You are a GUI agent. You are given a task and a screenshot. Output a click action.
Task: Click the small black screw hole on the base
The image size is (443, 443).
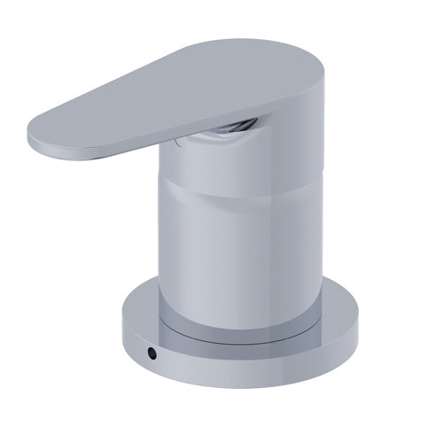tap(152, 352)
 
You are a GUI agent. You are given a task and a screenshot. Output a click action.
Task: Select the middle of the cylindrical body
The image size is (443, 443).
tap(239, 239)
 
